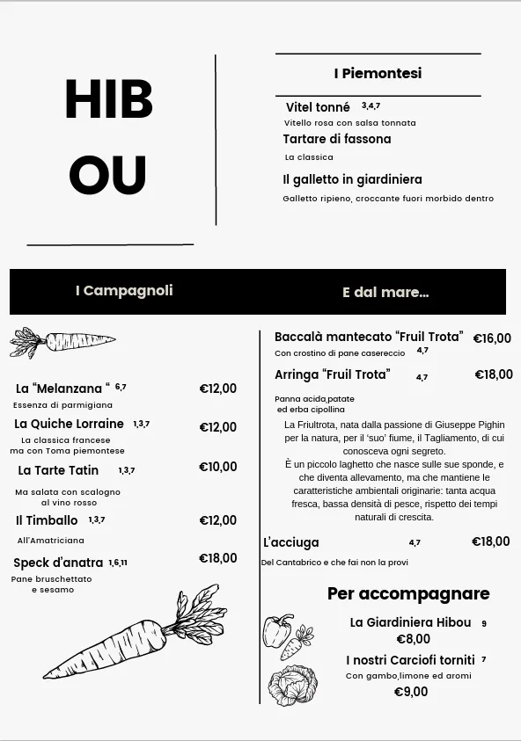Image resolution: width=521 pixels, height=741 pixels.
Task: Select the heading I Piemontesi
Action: click(x=378, y=74)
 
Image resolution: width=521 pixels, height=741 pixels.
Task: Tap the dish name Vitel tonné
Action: click(x=318, y=107)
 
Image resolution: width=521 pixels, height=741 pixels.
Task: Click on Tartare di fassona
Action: click(x=336, y=139)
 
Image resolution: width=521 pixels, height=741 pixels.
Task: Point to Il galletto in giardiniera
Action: click(x=352, y=179)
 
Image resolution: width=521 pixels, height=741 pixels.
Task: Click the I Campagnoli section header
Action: click(x=124, y=291)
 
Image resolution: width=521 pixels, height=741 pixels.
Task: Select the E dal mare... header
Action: click(x=385, y=293)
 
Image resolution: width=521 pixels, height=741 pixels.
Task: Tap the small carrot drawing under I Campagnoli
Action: click(x=62, y=341)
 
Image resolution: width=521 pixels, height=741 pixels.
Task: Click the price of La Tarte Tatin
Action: click(x=217, y=467)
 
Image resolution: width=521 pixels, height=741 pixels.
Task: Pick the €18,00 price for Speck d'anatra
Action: click(x=217, y=558)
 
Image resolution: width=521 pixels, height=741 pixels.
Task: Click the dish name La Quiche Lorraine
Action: click(x=70, y=424)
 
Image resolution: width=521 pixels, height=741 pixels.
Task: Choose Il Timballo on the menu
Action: click(x=47, y=520)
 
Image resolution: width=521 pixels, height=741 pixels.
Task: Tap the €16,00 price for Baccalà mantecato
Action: click(x=492, y=338)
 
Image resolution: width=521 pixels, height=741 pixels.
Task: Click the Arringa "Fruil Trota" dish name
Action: click(x=332, y=374)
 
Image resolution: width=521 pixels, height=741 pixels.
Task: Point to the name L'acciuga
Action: click(x=291, y=542)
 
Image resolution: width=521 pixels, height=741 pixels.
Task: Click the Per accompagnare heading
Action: click(x=408, y=594)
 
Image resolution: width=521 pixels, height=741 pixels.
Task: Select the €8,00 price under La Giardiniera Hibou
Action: click(x=413, y=639)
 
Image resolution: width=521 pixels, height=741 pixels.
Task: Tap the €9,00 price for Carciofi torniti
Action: click(x=411, y=692)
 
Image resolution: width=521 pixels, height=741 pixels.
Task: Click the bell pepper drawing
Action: click(x=277, y=630)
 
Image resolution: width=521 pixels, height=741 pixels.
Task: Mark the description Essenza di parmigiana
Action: click(x=62, y=405)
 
